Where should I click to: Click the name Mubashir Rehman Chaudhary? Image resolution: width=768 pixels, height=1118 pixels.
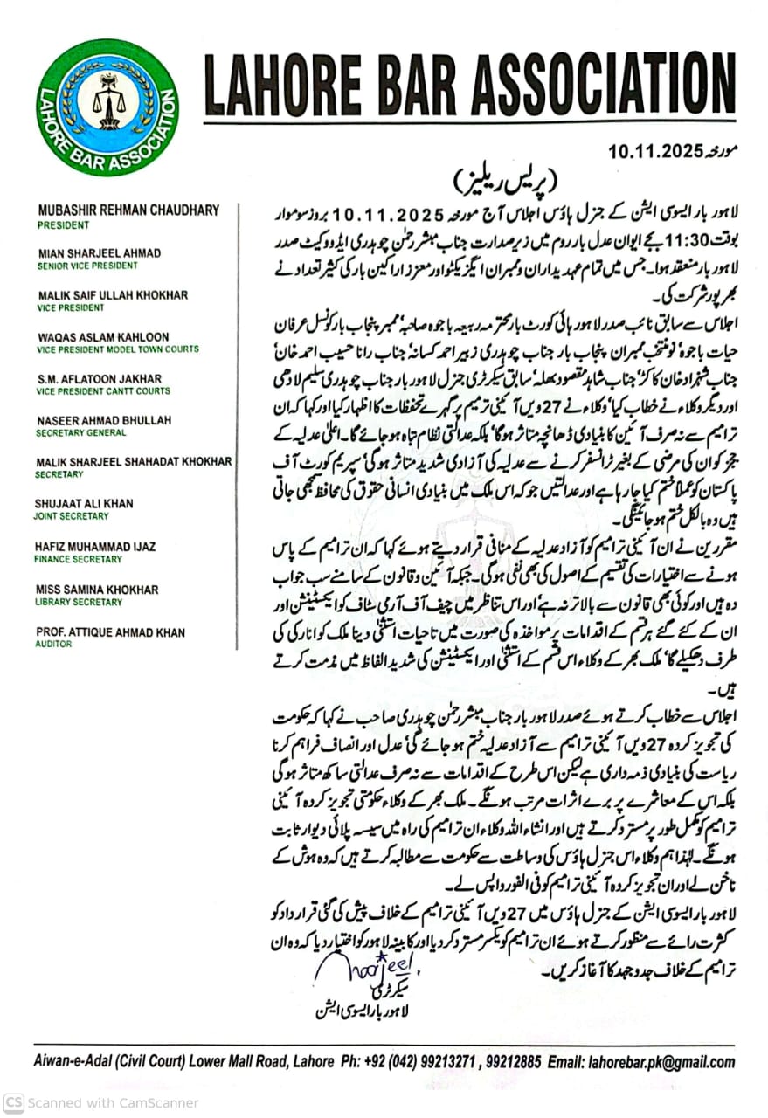pyautogui.click(x=128, y=210)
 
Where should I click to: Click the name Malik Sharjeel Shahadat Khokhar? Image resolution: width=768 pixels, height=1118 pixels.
pyautogui.click(x=134, y=462)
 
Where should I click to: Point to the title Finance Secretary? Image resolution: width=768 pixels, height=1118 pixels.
pyautogui.click(x=79, y=560)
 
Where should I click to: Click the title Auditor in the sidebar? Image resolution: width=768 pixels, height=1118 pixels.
pyautogui.click(x=54, y=645)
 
